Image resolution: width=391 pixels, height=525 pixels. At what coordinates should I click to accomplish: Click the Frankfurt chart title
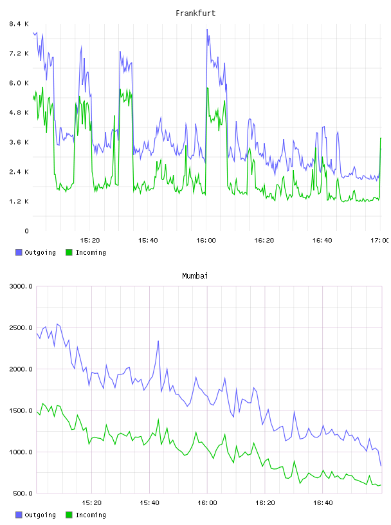click(x=195, y=14)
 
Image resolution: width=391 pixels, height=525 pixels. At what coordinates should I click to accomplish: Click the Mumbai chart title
click(x=195, y=276)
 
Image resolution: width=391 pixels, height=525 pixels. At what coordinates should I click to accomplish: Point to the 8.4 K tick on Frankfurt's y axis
click(x=19, y=24)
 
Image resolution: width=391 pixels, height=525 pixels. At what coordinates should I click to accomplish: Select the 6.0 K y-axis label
click(x=19, y=83)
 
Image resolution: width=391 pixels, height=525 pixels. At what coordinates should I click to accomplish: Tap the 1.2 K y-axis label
click(x=19, y=201)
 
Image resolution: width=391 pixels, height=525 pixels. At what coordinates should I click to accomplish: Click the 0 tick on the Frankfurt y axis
click(x=26, y=231)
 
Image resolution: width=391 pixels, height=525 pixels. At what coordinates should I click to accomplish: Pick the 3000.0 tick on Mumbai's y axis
click(x=21, y=286)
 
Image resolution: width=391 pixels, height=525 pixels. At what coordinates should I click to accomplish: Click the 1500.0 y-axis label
click(x=21, y=410)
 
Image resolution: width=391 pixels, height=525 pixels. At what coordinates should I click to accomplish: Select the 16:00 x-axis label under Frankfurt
click(x=206, y=241)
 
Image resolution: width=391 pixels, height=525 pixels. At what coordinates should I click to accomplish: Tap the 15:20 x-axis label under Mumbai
click(x=91, y=503)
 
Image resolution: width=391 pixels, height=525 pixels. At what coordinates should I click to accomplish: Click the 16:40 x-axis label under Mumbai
click(x=323, y=503)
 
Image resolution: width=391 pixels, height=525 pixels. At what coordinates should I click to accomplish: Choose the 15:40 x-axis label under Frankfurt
click(x=148, y=241)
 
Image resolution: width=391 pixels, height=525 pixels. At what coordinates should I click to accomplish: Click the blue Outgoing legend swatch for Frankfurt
click(x=19, y=252)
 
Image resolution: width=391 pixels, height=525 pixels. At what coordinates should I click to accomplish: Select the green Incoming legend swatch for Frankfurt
click(x=69, y=252)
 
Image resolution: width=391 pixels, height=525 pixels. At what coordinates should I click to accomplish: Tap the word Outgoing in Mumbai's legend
click(x=40, y=515)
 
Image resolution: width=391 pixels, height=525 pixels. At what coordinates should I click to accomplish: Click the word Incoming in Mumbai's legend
click(x=91, y=515)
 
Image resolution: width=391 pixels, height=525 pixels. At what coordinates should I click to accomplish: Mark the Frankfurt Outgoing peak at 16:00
click(x=207, y=30)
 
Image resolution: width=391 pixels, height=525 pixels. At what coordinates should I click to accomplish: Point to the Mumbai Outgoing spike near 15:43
click(x=158, y=341)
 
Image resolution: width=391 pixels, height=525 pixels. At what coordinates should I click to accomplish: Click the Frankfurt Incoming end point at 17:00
click(x=381, y=138)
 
